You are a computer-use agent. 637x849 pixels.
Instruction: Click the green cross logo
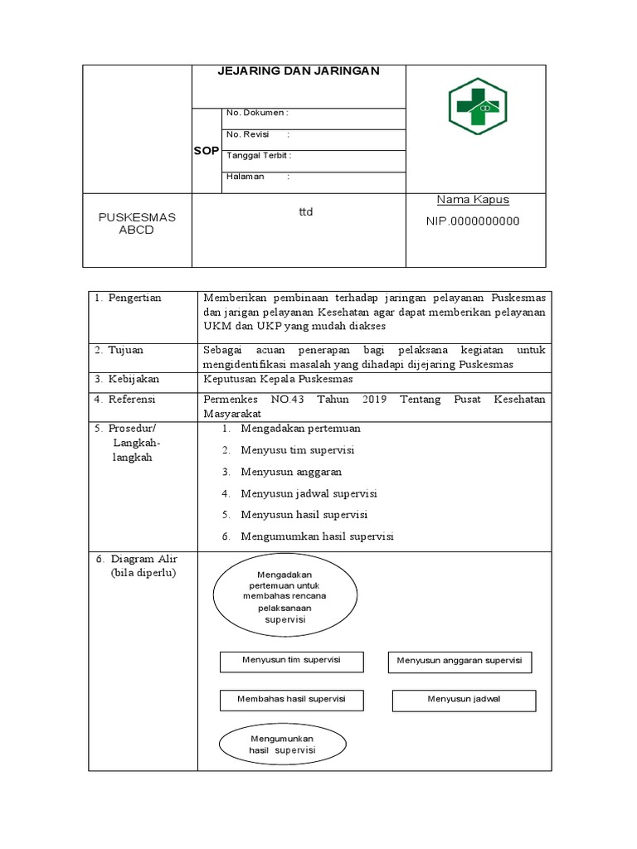[x=479, y=107]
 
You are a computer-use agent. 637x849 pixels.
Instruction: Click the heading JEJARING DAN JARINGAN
[x=299, y=71]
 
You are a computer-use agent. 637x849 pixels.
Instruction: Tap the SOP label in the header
[x=207, y=151]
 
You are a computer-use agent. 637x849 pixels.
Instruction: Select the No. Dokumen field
[x=257, y=113]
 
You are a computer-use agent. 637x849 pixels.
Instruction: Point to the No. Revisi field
[x=257, y=134]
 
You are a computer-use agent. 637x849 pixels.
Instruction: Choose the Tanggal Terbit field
[x=259, y=155]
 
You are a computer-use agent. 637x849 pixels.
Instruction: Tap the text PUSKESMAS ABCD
[x=138, y=223]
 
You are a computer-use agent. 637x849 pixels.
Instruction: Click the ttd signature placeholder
[x=306, y=212]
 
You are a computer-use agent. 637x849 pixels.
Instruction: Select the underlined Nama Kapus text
[x=473, y=200]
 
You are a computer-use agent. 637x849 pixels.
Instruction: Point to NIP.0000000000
[x=472, y=221]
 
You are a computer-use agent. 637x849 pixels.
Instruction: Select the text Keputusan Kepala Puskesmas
[x=278, y=379]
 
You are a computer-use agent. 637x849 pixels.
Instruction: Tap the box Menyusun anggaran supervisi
[x=460, y=661]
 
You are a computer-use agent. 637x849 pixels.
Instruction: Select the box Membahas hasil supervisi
[x=291, y=699]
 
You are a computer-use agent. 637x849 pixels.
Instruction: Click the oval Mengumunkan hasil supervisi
[x=283, y=744]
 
